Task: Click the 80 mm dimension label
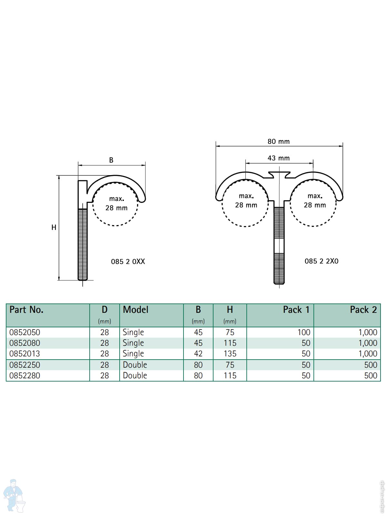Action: pyautogui.click(x=278, y=142)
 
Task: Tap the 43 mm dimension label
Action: pyautogui.click(x=278, y=158)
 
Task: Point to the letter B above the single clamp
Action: pyautogui.click(x=111, y=160)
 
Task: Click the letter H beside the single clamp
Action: pyautogui.click(x=54, y=227)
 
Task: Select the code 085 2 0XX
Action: pyautogui.click(x=128, y=262)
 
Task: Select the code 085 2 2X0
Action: pyautogui.click(x=322, y=261)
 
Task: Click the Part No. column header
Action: pyautogui.click(x=26, y=310)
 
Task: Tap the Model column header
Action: pyautogui.click(x=135, y=310)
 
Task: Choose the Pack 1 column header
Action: pyautogui.click(x=296, y=310)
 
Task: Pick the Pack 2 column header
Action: pyautogui.click(x=363, y=310)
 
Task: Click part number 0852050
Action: pyautogui.click(x=25, y=332)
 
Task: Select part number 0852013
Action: pyautogui.click(x=25, y=354)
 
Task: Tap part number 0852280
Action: pyautogui.click(x=25, y=376)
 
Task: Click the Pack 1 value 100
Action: pyautogui.click(x=304, y=332)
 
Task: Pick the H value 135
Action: pyautogui.click(x=230, y=354)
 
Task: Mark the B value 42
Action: pyautogui.click(x=198, y=354)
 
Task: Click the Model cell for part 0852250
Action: pyautogui.click(x=135, y=365)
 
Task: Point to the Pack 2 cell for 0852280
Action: pyautogui.click(x=371, y=376)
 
